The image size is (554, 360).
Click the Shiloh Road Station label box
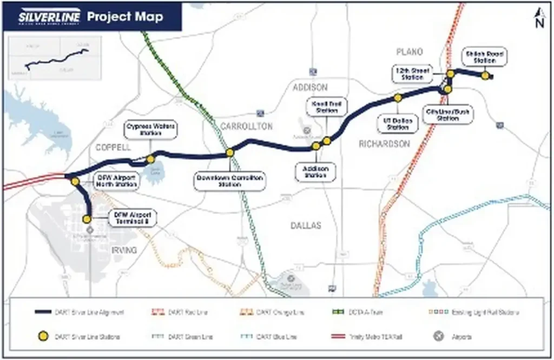[485, 57]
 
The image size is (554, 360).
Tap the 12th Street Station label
[412, 74]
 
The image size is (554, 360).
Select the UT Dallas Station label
[398, 124]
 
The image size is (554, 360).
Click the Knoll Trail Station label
[326, 107]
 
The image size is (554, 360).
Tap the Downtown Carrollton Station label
[230, 181]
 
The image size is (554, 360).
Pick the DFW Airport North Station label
[116, 181]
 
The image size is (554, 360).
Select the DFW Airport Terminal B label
[132, 218]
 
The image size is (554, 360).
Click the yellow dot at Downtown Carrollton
[230, 153]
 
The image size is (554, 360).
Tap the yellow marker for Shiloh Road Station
[485, 76]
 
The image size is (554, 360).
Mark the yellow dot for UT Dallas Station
[398, 98]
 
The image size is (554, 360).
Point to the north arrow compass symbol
[539, 18]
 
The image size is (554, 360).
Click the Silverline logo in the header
[49, 17]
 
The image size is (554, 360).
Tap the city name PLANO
[410, 52]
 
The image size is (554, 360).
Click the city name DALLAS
[305, 225]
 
